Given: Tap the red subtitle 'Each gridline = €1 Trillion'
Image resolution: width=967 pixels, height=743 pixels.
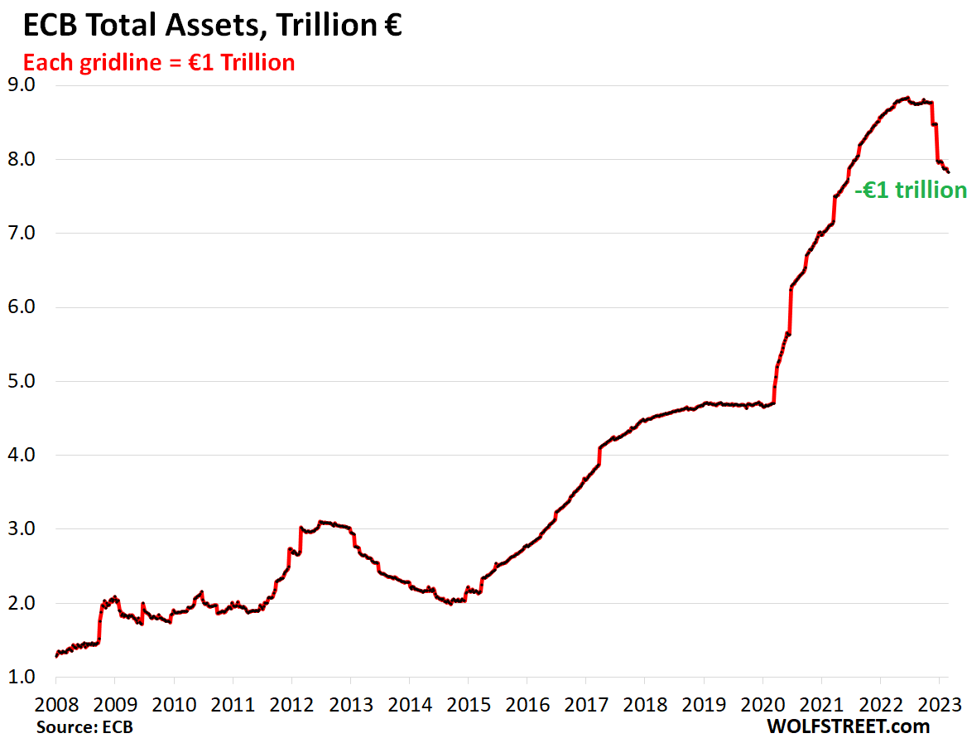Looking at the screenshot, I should tap(159, 62).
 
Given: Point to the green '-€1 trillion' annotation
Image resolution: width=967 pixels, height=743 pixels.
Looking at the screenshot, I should tap(910, 191).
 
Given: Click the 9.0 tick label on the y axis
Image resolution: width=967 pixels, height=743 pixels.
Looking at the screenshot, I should tap(21, 85).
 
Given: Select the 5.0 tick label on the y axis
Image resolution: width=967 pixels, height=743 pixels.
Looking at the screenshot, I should tap(21, 382).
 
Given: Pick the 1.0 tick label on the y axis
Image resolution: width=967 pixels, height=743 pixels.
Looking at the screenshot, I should tap(21, 678).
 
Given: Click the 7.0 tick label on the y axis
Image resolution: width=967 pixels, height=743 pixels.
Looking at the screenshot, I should tap(21, 234).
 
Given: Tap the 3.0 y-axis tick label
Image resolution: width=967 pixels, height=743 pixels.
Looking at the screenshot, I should tap(21, 529).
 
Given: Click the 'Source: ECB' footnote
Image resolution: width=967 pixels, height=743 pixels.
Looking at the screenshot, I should tap(84, 726).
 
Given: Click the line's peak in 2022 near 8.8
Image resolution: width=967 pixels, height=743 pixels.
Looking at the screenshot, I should tap(907, 98).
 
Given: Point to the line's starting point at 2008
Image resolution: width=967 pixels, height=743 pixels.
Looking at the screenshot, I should tap(56, 656).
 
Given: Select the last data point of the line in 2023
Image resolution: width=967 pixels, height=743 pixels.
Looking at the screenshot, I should tap(948, 172).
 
